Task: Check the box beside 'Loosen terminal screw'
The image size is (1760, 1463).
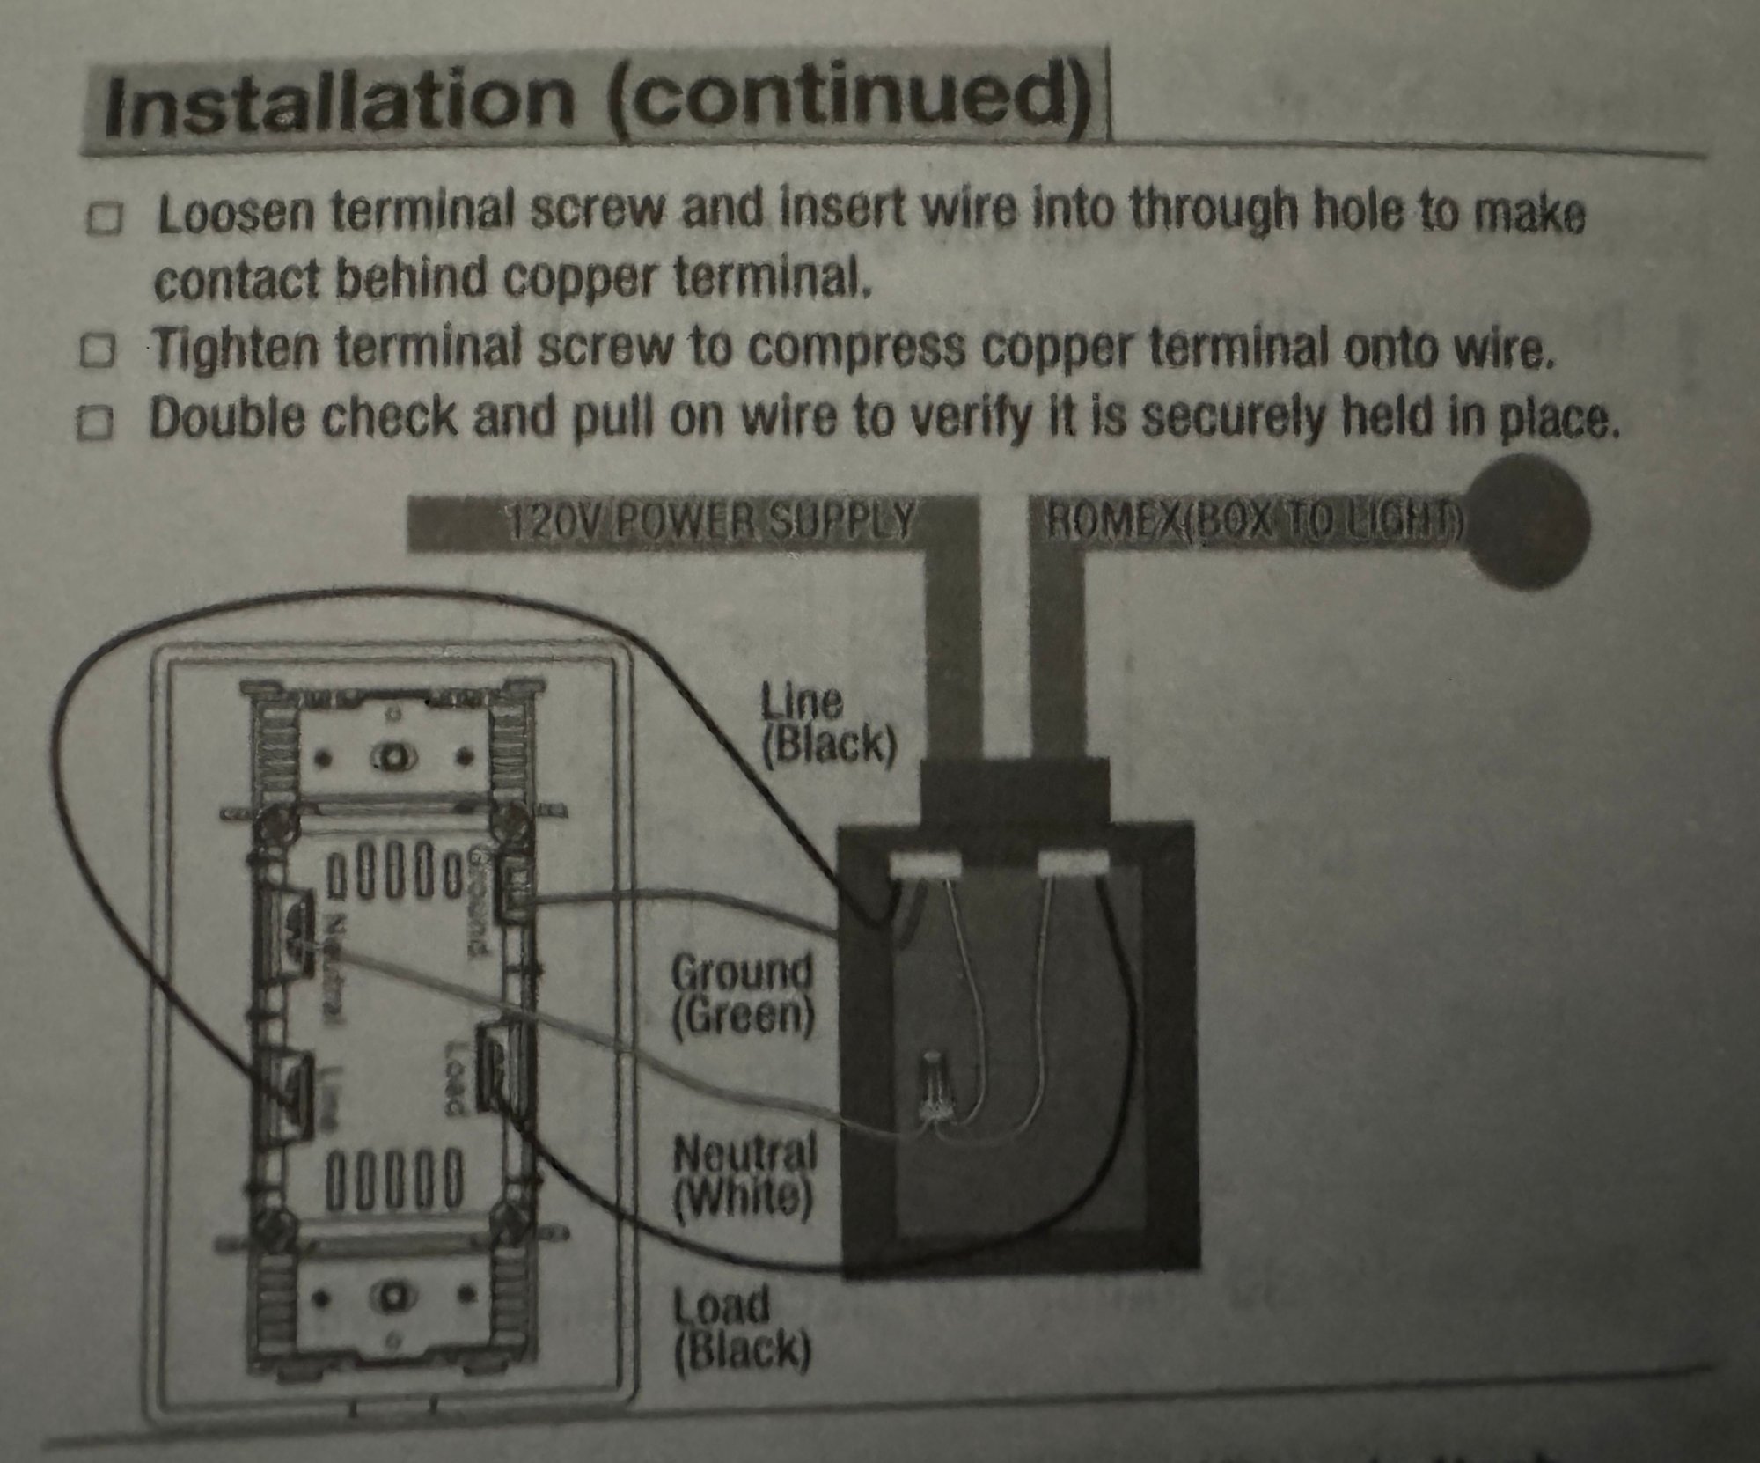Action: [x=105, y=219]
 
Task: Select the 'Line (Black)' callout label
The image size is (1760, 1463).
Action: [x=827, y=724]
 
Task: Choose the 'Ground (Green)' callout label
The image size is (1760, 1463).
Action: [x=742, y=994]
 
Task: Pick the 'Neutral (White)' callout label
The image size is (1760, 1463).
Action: [x=744, y=1176]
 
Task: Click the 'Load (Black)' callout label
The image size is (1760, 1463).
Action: [x=741, y=1330]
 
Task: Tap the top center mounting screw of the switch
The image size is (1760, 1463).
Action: [x=391, y=756]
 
